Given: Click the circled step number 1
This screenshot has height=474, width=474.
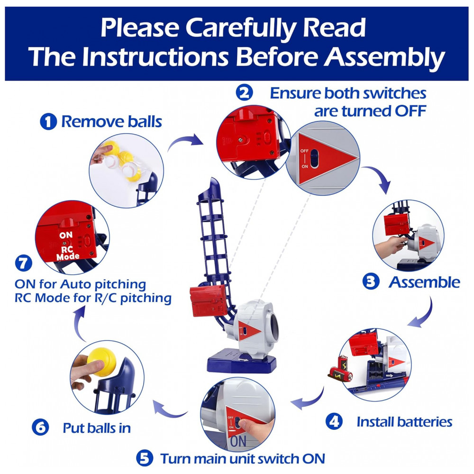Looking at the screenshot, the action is pos(48,121).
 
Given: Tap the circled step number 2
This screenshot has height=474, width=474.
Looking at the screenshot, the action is pos(244,93).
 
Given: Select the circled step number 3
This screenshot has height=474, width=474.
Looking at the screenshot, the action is pos(371,281).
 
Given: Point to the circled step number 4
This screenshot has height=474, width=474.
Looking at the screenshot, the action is pos(334,421).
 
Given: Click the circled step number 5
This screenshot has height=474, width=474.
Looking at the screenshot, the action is pos(145,458).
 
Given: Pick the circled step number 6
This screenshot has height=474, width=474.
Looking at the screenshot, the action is pos(40,427).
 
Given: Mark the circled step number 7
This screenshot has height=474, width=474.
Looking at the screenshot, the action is pos(24,263).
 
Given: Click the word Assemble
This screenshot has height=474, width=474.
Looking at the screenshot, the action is pos(424,283).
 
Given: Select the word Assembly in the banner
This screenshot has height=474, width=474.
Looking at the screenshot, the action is pos(384,57).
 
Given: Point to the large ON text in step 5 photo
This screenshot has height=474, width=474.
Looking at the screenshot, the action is pos(238,441).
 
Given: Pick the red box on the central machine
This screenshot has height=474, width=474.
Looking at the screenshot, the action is pos(208,301).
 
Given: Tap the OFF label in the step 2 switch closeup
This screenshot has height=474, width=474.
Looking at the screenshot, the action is pos(304,151).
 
